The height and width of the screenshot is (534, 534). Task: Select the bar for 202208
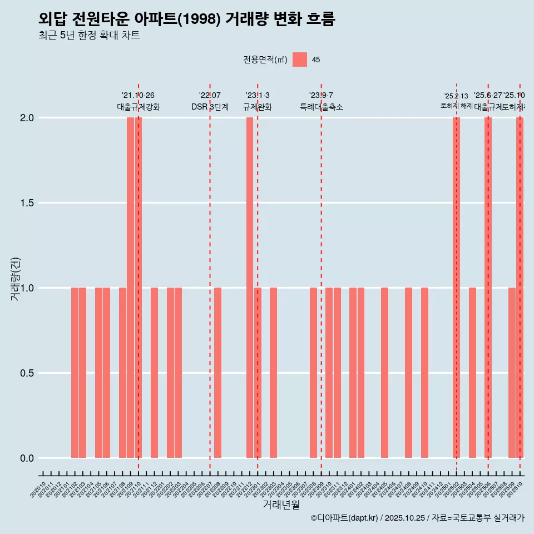(x=218, y=373)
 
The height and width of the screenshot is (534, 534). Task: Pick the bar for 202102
(x=75, y=373)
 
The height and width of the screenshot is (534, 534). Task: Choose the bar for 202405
(x=385, y=373)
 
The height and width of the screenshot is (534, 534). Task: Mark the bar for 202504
(x=472, y=373)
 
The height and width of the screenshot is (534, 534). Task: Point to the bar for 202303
(x=274, y=373)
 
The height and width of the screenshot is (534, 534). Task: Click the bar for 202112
(x=154, y=373)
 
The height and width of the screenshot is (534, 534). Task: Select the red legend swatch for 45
(x=300, y=60)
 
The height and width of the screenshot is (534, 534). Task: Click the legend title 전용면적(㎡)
(x=265, y=60)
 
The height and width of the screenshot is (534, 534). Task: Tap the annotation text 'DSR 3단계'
(x=210, y=107)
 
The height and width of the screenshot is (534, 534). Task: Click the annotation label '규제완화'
(x=258, y=107)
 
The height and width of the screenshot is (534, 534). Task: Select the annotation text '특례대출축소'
(x=322, y=107)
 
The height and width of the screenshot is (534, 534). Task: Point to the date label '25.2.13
(x=456, y=96)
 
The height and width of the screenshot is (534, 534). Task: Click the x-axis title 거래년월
(x=281, y=505)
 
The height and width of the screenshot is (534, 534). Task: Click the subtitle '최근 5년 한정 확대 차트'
(x=89, y=36)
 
